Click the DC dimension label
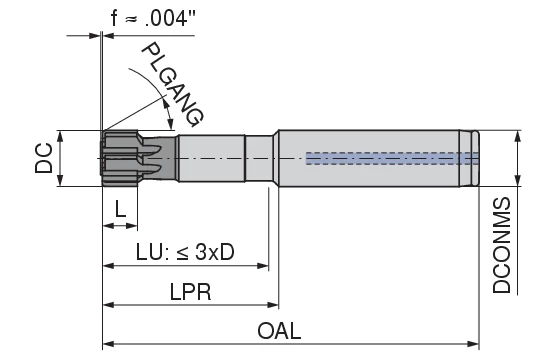(x=43, y=158)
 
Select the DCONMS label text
(x=503, y=245)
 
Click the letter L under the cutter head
(x=120, y=209)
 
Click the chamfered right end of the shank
(x=475, y=158)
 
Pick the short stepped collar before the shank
(x=261, y=158)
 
